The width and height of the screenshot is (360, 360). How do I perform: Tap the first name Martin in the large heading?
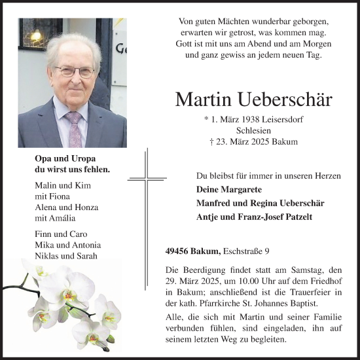pos(201,99)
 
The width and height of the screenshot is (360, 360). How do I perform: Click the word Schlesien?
pos(251,130)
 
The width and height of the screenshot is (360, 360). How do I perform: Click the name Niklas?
pos(47,255)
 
